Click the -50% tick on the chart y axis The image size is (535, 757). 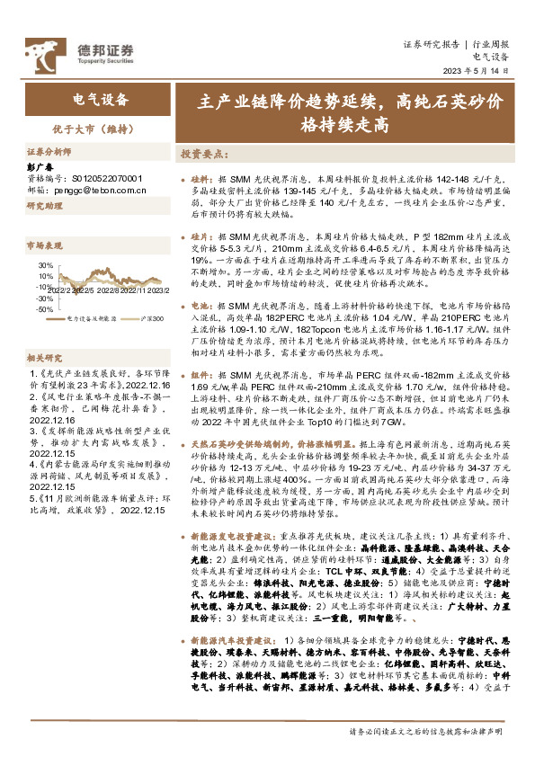(41, 308)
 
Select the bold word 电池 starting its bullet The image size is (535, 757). (201, 307)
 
